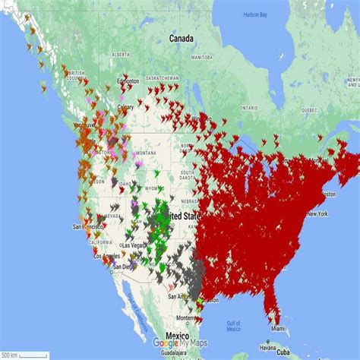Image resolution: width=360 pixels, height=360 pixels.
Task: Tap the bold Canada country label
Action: point(181,38)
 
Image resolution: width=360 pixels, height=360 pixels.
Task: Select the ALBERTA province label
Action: point(120,55)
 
